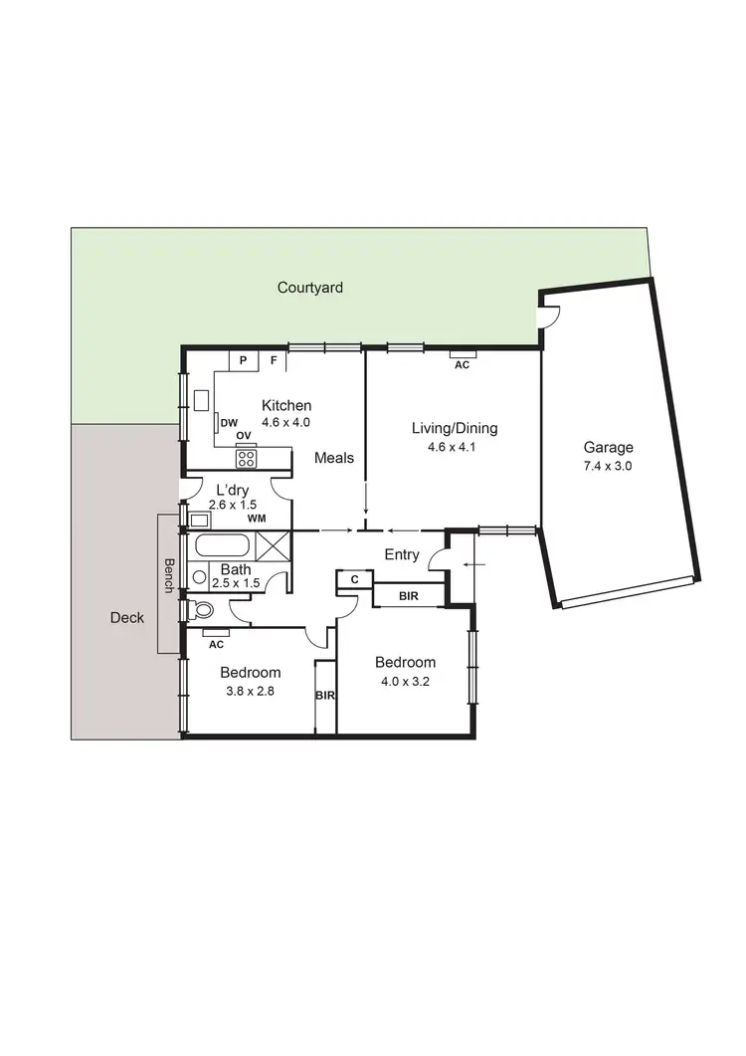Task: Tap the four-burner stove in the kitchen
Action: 247,459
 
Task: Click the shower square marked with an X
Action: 273,545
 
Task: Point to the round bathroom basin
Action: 199,576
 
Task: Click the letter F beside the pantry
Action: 274,360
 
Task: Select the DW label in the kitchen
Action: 229,422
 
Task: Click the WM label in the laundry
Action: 256,519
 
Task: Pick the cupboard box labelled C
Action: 354,579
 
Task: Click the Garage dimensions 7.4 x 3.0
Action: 609,466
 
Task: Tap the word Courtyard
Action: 310,288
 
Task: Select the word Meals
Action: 334,458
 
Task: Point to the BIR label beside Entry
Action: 408,595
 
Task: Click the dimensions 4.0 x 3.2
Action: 405,682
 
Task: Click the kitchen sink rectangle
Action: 201,400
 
